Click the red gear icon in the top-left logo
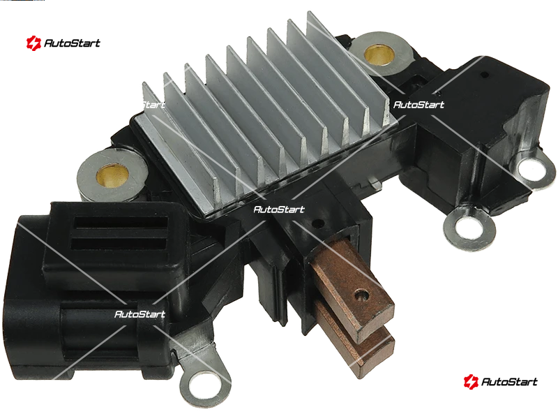(33, 43)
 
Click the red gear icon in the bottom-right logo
(471, 381)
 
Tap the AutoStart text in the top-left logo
(73, 43)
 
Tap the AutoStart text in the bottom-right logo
(509, 382)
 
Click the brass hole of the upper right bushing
(379, 54)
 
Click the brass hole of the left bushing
(112, 176)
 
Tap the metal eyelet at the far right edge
(533, 169)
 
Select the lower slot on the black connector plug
(119, 244)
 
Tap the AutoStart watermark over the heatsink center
(279, 209)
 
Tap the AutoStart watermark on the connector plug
(140, 314)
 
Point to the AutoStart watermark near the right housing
(419, 105)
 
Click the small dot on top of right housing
(484, 75)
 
